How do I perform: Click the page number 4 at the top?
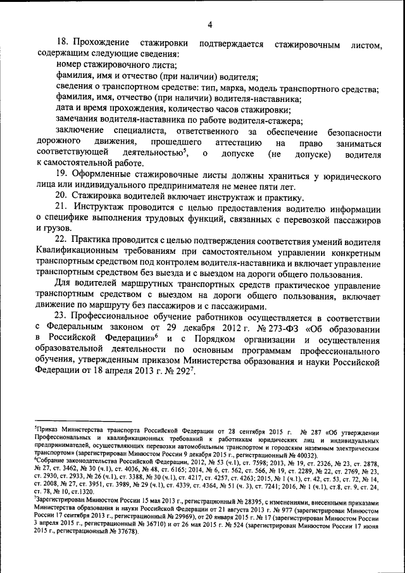coord(209,25)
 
